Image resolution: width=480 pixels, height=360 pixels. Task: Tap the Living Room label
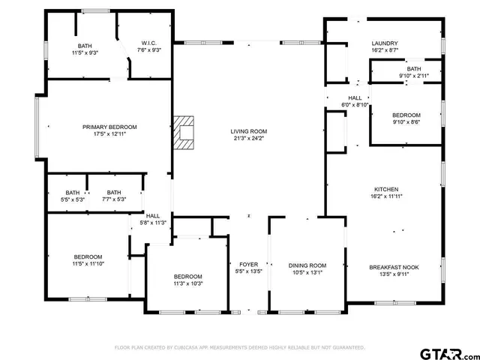click(247, 131)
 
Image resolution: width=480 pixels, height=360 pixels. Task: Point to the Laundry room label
click(385, 43)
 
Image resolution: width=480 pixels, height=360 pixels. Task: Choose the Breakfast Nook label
click(388, 267)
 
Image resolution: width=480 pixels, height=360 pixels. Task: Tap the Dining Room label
click(307, 265)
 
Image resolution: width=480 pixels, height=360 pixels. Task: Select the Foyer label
click(248, 265)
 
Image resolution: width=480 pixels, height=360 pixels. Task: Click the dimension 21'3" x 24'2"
click(247, 138)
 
